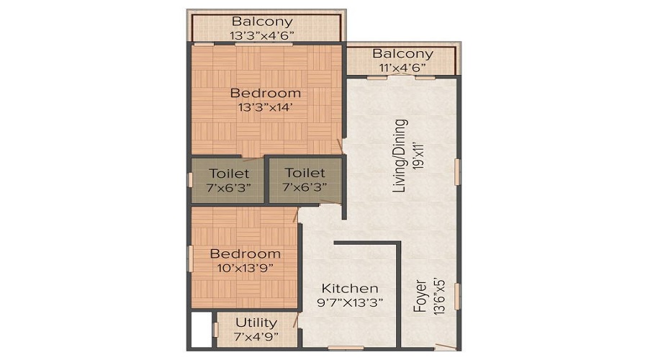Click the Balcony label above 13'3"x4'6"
click(x=262, y=21)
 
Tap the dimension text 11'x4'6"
click(x=402, y=68)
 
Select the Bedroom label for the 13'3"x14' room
click(x=265, y=93)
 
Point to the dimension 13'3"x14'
click(x=265, y=108)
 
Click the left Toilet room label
click(x=229, y=173)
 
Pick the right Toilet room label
click(x=305, y=173)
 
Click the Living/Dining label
click(x=400, y=156)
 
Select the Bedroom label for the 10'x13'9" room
click(x=245, y=253)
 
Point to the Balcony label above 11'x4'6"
click(x=402, y=54)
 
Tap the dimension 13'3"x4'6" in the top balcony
click(x=262, y=35)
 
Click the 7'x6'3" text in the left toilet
click(x=229, y=187)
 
